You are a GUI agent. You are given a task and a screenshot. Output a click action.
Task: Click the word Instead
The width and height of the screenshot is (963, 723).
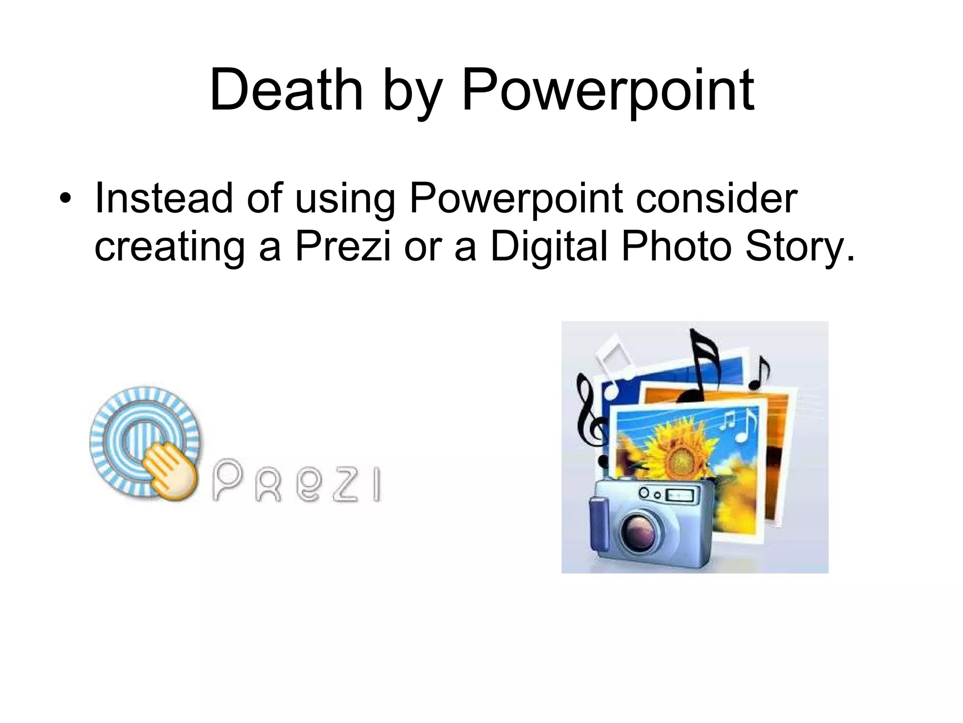pyautogui.click(x=164, y=198)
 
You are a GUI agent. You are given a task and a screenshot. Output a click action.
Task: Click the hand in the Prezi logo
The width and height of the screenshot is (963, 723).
pyautogui.click(x=168, y=471)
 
